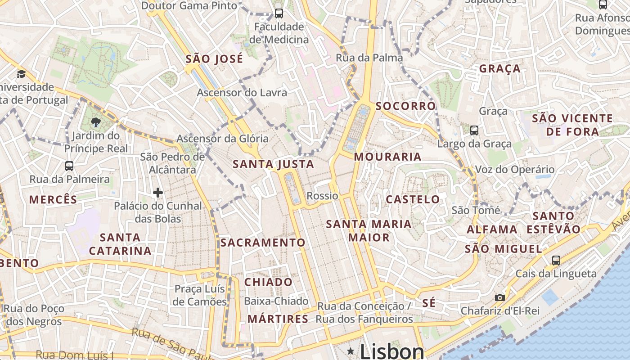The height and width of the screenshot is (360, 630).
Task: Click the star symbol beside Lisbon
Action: (x=351, y=350)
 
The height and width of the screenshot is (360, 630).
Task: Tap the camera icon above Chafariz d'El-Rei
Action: (x=499, y=297)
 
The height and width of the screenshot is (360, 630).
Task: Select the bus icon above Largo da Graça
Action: (x=474, y=130)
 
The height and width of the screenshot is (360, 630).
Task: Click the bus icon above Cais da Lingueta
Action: (x=556, y=260)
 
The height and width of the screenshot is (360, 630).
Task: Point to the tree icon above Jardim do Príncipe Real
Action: (x=95, y=121)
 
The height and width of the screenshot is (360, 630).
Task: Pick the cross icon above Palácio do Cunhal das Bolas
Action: (x=158, y=193)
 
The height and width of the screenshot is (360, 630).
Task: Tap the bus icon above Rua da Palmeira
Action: (x=69, y=166)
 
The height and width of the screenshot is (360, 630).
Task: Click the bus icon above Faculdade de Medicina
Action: (x=279, y=13)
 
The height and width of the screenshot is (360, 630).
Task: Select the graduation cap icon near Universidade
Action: (x=21, y=74)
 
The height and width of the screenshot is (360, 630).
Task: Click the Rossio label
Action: (x=322, y=196)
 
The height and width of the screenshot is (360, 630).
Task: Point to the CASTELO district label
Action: (x=413, y=199)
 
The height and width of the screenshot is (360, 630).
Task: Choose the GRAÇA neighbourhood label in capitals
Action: (x=500, y=69)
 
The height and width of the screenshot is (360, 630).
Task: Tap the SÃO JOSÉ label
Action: (x=214, y=59)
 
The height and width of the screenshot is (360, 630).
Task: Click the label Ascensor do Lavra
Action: (x=242, y=93)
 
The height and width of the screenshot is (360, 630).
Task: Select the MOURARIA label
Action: (x=387, y=157)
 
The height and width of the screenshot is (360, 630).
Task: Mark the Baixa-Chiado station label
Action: (x=276, y=301)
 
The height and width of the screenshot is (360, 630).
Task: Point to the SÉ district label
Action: (x=429, y=303)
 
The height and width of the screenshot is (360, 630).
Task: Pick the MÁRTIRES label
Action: (x=278, y=319)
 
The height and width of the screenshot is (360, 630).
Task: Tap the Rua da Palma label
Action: (x=369, y=58)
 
